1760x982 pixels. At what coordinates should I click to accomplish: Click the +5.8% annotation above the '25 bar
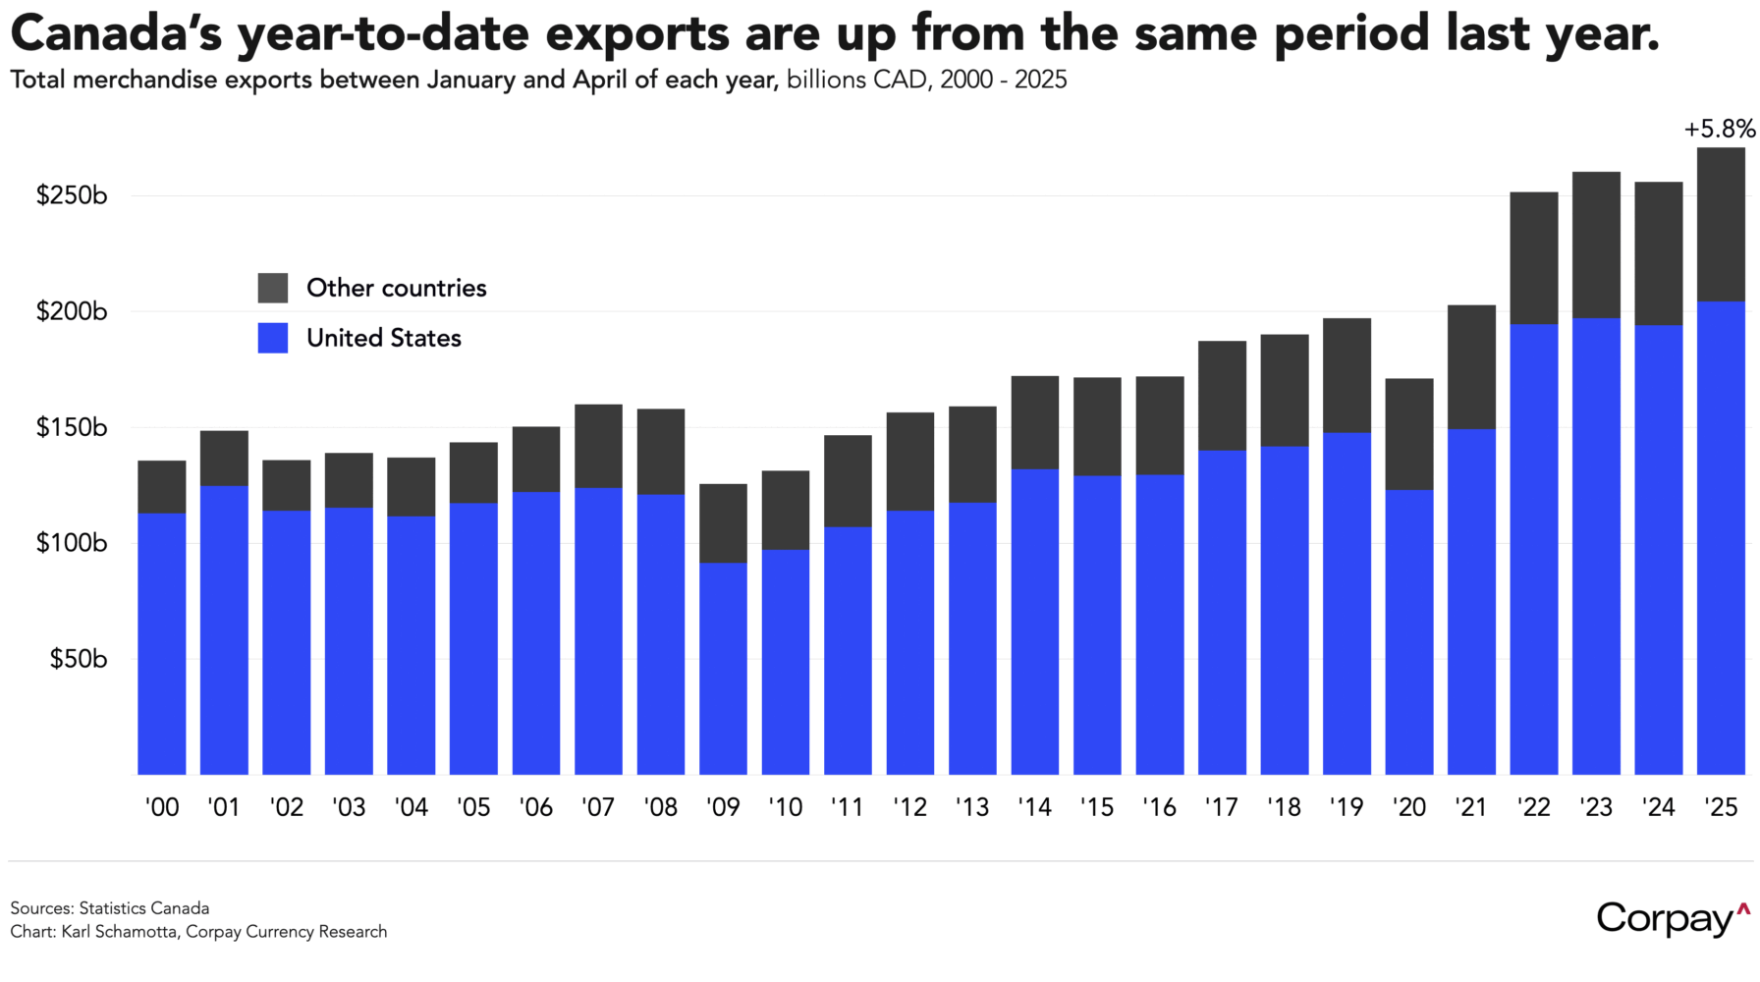(1719, 129)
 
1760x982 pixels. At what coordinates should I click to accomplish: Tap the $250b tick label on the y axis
(71, 195)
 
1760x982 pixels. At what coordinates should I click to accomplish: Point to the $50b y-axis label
(78, 659)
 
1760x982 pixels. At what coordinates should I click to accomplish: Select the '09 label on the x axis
(723, 807)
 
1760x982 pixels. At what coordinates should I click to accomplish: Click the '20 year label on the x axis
(1409, 807)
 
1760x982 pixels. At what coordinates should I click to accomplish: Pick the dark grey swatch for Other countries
(273, 288)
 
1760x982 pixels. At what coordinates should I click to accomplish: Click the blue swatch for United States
(273, 338)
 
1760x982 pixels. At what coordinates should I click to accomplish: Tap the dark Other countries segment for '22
(1534, 257)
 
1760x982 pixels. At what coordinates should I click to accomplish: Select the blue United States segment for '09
(723, 668)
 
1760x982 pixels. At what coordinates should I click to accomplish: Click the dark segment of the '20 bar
(1409, 434)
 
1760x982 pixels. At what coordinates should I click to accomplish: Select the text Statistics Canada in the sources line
(143, 908)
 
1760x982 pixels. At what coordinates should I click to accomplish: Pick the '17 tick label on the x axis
(1222, 807)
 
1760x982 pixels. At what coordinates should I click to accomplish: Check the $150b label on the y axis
(71, 428)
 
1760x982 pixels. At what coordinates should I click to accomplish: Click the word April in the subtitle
(600, 80)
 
